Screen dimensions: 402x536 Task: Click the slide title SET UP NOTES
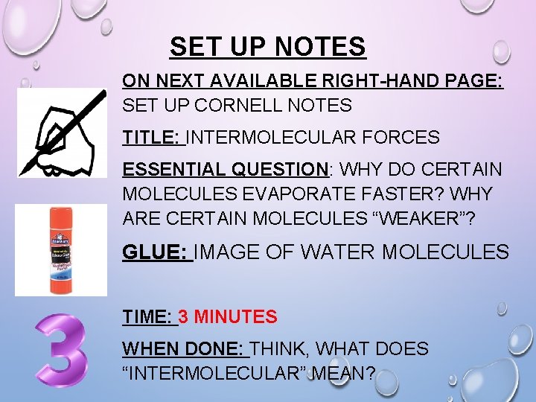[x=267, y=47]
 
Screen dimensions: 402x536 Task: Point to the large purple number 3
[x=63, y=350]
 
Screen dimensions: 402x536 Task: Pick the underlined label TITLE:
[x=152, y=138]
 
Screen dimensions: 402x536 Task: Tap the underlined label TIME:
[x=148, y=317]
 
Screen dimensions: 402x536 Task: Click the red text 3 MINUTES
[x=228, y=317]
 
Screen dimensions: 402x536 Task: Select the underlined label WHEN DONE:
[x=184, y=348]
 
